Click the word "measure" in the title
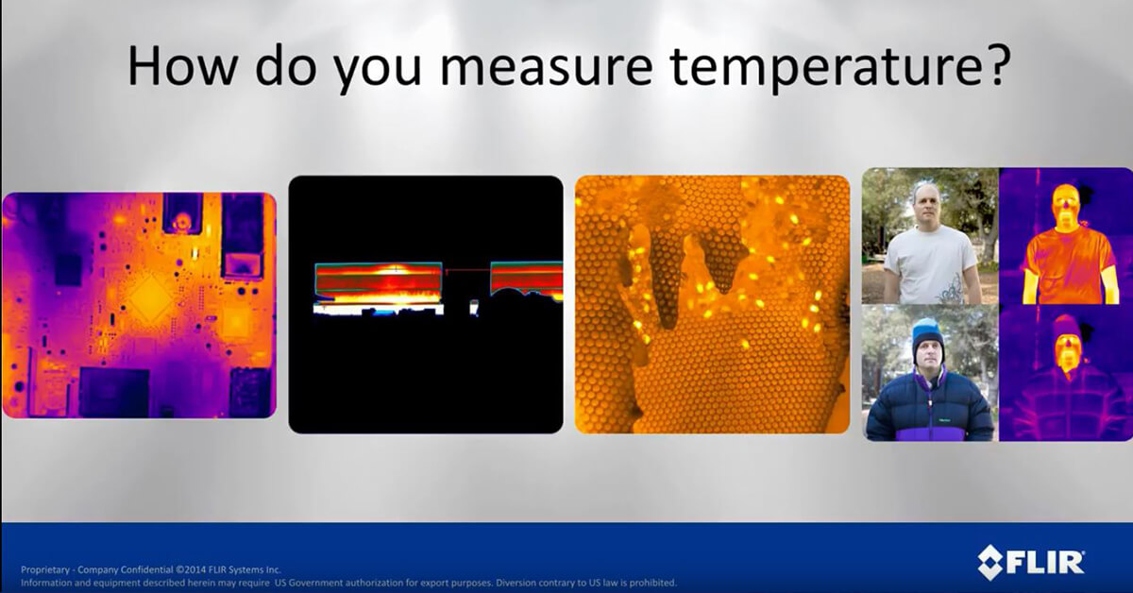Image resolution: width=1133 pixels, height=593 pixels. [x=547, y=66]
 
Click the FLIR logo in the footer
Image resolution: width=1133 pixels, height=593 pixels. [x=1031, y=562]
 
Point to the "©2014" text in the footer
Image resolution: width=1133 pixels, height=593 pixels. [x=194, y=569]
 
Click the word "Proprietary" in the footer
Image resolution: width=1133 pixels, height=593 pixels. [x=45, y=570]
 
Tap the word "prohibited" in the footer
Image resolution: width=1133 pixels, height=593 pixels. [x=652, y=583]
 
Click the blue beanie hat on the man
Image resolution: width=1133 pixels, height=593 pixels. [x=927, y=335]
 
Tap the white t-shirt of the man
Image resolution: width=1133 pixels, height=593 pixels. [x=930, y=264]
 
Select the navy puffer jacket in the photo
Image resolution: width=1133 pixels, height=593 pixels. [x=929, y=406]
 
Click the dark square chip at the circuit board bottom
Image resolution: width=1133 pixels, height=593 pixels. [x=114, y=393]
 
